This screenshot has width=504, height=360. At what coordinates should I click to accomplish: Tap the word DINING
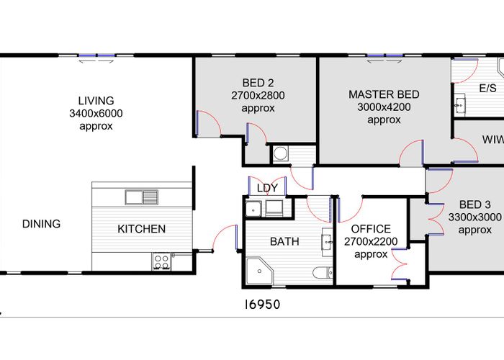click(x=41, y=224)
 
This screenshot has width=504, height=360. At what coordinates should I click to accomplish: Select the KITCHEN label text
click(x=142, y=229)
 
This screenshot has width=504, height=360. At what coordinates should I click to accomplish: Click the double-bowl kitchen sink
click(x=141, y=197)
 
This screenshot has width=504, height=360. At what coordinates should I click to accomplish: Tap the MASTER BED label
click(x=384, y=94)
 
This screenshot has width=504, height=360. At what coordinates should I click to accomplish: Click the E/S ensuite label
click(x=487, y=89)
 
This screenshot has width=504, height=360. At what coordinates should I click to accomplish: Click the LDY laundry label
click(x=267, y=188)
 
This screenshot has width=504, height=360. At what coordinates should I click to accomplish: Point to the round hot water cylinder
click(x=279, y=153)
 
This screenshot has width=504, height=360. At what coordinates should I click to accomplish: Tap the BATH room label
click(x=284, y=241)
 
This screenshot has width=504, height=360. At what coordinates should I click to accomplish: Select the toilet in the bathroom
click(x=323, y=272)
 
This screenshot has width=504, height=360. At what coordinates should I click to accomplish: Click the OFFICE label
click(x=371, y=229)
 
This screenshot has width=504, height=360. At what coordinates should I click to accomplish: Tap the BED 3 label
click(x=475, y=204)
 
